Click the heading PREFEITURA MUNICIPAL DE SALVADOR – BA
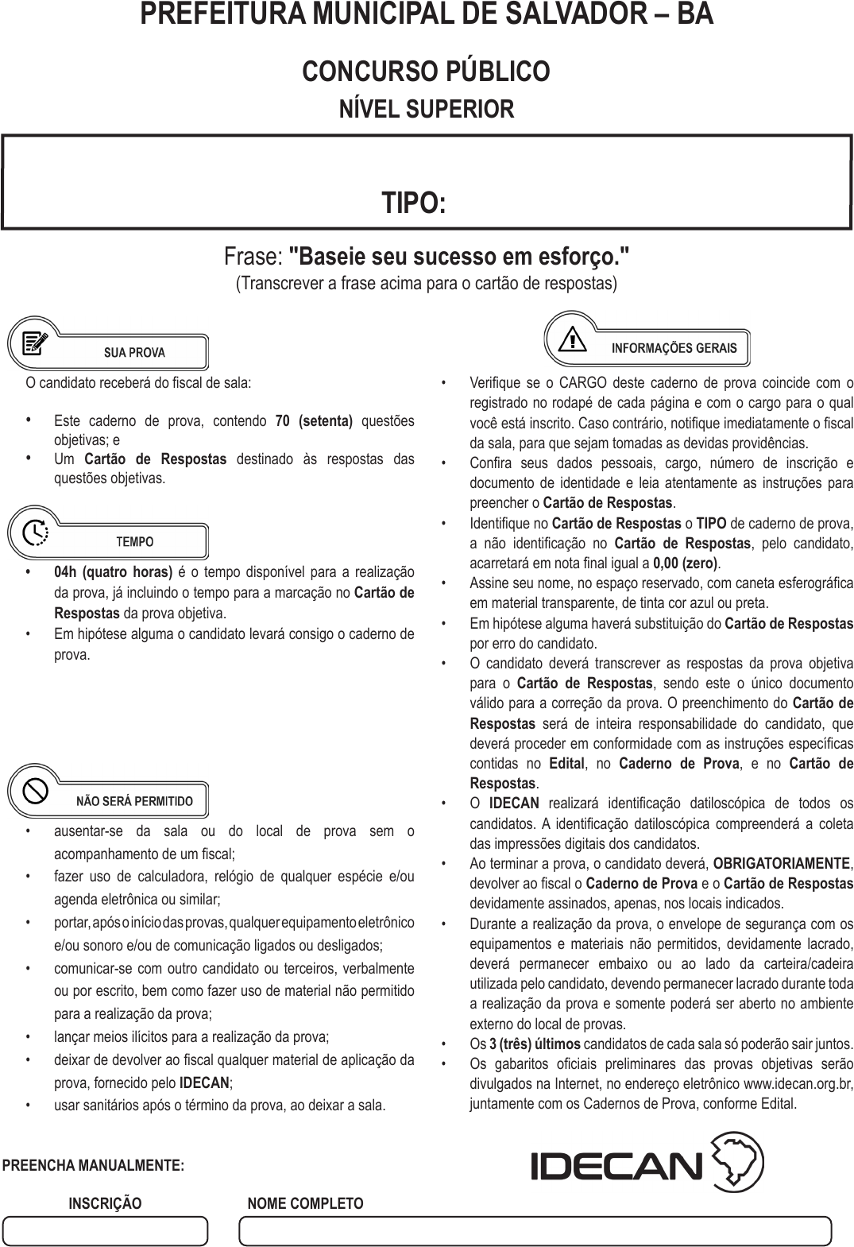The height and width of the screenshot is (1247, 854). [427, 14]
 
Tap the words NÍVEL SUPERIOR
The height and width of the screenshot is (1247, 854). [427, 109]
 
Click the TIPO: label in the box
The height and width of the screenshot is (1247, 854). [413, 203]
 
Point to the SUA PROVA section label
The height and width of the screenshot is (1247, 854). [134, 353]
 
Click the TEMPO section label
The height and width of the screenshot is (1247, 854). [134, 542]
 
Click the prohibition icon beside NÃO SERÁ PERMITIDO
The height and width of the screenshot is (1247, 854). [36, 790]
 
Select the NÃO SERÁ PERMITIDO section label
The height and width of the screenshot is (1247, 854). [134, 801]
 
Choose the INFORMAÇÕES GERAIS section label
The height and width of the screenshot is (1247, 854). [674, 348]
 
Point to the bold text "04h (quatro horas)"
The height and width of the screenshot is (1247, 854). [113, 572]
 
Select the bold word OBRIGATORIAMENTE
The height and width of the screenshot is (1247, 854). [782, 863]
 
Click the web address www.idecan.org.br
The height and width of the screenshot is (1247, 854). [798, 1084]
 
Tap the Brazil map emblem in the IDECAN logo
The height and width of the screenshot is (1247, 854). [738, 1164]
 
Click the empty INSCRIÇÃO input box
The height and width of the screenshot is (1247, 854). [105, 1231]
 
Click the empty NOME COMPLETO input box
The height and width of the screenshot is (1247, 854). [535, 1231]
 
